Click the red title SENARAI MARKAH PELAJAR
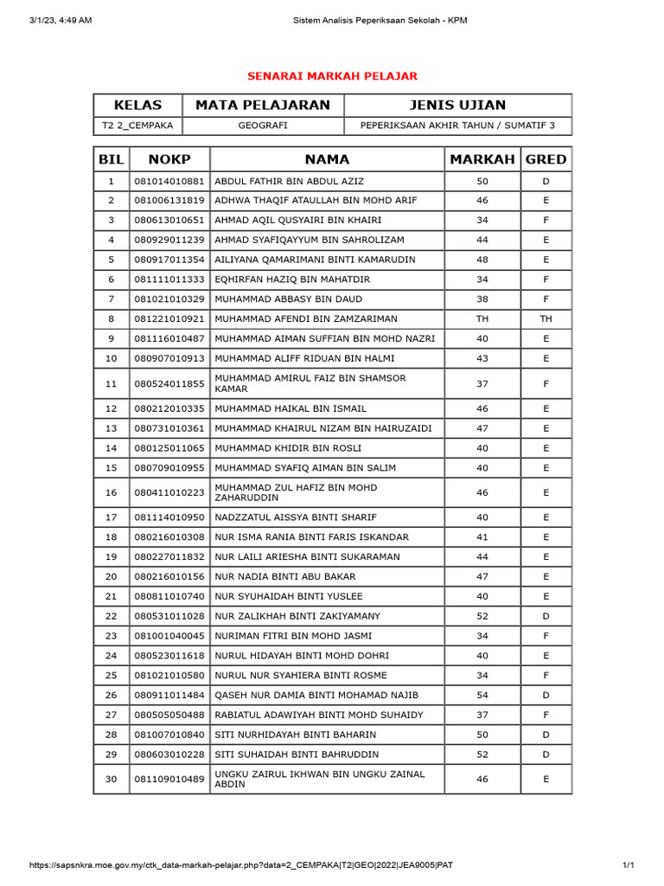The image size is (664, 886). coord(332,76)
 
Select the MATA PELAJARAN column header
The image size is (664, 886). coord(263,106)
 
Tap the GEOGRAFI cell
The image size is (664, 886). coord(263,126)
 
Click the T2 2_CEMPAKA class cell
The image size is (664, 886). coord(137,126)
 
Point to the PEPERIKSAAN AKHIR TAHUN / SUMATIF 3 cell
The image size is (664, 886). coord(457,126)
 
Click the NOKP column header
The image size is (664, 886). coord(169,159)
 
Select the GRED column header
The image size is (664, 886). coord(546,159)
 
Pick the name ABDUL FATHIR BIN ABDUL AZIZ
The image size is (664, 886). coord(289,181)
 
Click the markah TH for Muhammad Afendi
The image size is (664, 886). coord(482,319)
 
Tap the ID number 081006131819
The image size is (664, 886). coord(169,201)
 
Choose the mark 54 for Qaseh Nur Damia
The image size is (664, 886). coord(482,695)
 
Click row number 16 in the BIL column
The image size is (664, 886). coord(111,492)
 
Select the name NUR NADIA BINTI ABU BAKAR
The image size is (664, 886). coord(284,576)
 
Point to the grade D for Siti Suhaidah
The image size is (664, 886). coord(546,754)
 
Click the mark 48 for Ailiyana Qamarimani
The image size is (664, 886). coord(482,260)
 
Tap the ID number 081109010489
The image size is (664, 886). coord(169,780)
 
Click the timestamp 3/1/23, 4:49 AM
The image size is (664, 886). coord(61,21)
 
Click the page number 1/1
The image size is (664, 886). coord(628,865)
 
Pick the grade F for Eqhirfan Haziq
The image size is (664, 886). coord(546,279)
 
